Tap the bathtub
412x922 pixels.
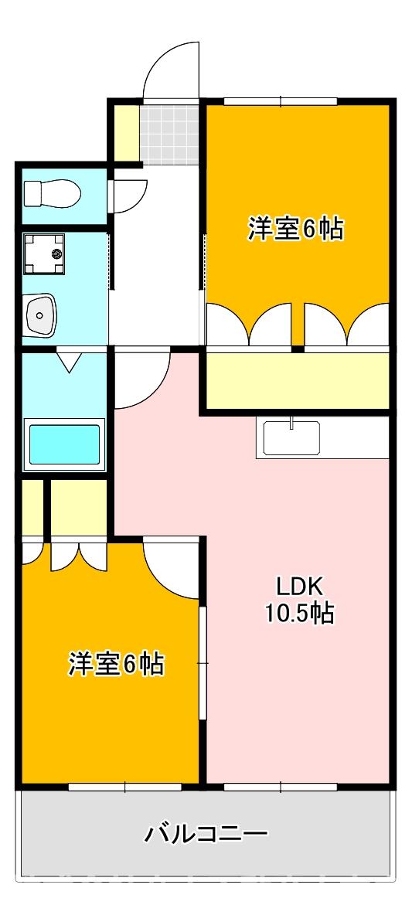[65, 444]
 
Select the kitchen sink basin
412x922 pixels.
[291, 438]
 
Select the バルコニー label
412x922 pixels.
[206, 834]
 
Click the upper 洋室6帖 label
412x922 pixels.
[295, 229]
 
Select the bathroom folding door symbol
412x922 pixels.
[69, 360]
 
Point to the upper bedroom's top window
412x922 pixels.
[281, 100]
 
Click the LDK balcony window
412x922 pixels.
[281, 787]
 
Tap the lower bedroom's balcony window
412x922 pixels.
[124, 787]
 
